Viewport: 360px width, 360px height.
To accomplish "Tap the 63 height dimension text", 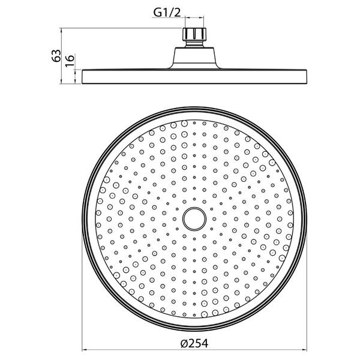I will pyautogui.click(x=56, y=56).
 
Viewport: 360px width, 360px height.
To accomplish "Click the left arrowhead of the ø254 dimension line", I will pyautogui.click(x=84, y=350).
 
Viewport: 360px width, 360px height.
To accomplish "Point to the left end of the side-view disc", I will pyautogui.click(x=82, y=76).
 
